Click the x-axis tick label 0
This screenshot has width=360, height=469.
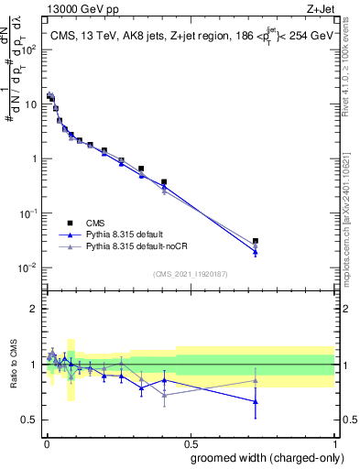point(46,441)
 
